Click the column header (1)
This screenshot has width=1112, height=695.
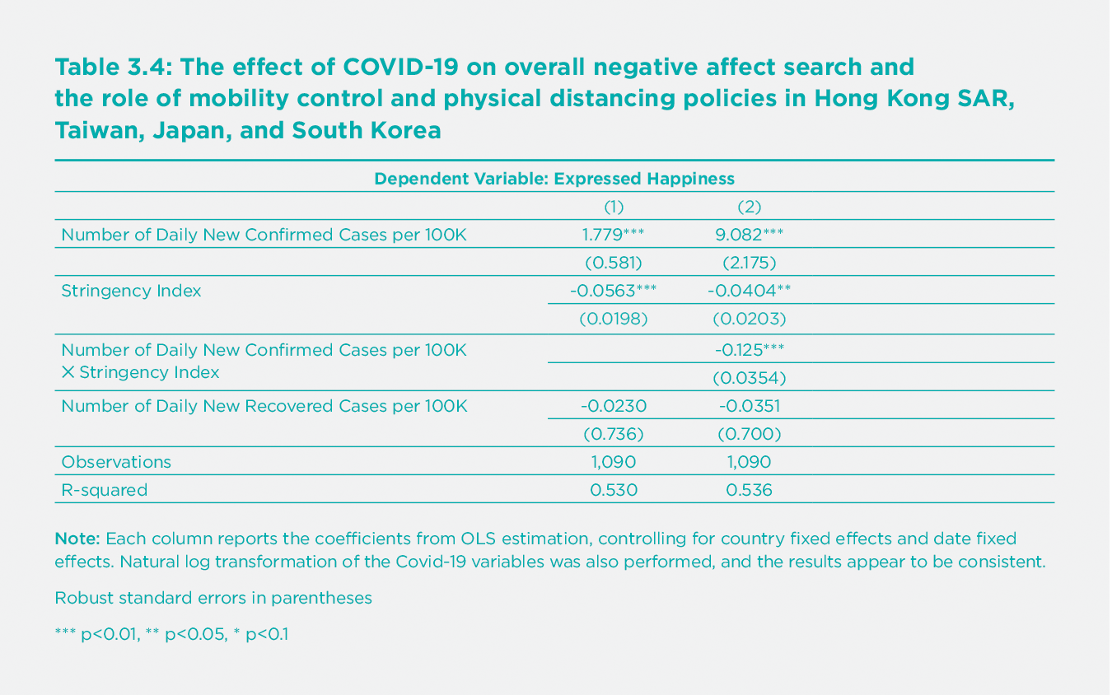pos(614,206)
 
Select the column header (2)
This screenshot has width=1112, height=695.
pos(749,206)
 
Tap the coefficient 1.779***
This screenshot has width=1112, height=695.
pos(613,234)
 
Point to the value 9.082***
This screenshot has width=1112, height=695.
pos(749,234)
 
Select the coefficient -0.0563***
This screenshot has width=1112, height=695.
pos(613,290)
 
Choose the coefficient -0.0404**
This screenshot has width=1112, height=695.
pos(749,290)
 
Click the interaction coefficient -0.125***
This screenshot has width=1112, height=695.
pos(749,350)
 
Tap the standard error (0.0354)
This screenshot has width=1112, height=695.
pos(749,378)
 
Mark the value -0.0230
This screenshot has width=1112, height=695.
pos(614,406)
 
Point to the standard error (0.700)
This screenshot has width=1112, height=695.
pos(749,434)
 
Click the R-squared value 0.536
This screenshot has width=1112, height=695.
pos(749,490)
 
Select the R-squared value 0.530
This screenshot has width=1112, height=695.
pos(614,490)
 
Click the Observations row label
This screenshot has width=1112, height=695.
pos(116,462)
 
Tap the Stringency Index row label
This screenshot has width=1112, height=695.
pos(131,291)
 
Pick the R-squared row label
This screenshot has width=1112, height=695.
pos(104,490)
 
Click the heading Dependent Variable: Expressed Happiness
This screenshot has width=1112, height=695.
pos(554,178)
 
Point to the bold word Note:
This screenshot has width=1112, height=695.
pos(77,539)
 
